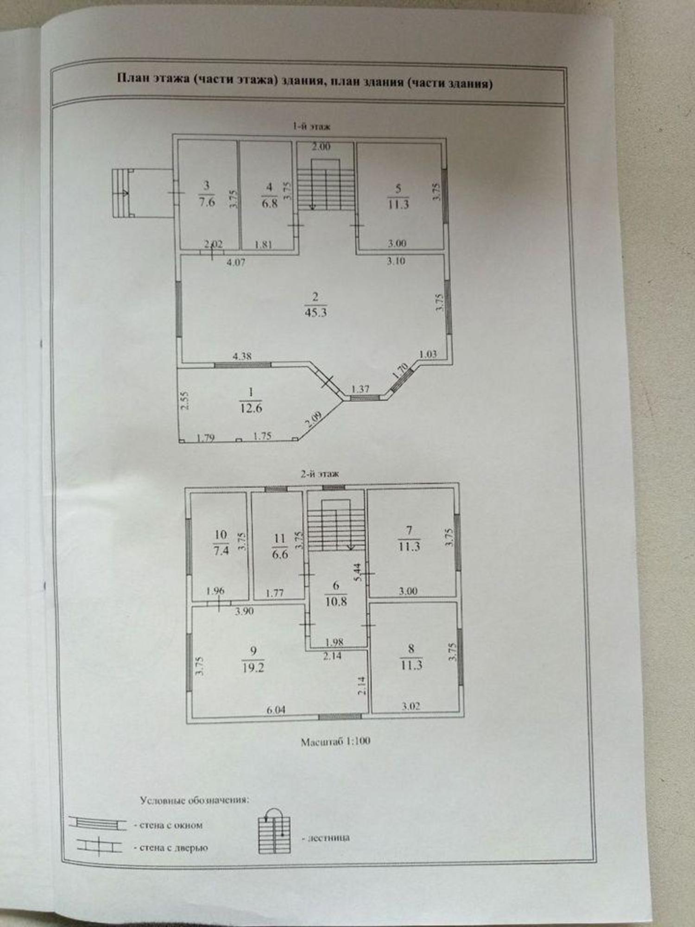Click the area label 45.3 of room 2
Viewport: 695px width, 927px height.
pos(316,312)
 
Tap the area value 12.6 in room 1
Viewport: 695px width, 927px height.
pos(251,408)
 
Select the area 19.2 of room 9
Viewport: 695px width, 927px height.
pos(253,667)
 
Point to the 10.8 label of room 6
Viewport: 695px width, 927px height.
pos(336,602)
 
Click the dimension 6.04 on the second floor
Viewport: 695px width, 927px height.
pos(276,710)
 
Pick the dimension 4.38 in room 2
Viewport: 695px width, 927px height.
pos(242,356)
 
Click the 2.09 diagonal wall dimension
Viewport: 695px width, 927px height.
pos(313,420)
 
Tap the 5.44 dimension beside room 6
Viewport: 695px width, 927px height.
pos(357,572)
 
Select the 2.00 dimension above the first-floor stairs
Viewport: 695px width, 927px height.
pos(321,147)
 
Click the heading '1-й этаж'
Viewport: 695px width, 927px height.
pos(311,126)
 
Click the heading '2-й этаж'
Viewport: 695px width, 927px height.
pos(320,474)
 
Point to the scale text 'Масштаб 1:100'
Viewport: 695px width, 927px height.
pos(335,741)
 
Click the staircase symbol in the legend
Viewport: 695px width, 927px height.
pos(274,834)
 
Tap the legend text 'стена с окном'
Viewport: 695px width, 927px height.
pos(171,825)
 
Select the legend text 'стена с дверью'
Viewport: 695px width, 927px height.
pos(173,848)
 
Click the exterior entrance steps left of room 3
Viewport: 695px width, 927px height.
pos(122,193)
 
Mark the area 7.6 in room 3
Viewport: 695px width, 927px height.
pos(207,202)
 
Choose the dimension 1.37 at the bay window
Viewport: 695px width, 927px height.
pos(360,389)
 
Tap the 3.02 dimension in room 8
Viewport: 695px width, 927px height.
pos(411,706)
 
